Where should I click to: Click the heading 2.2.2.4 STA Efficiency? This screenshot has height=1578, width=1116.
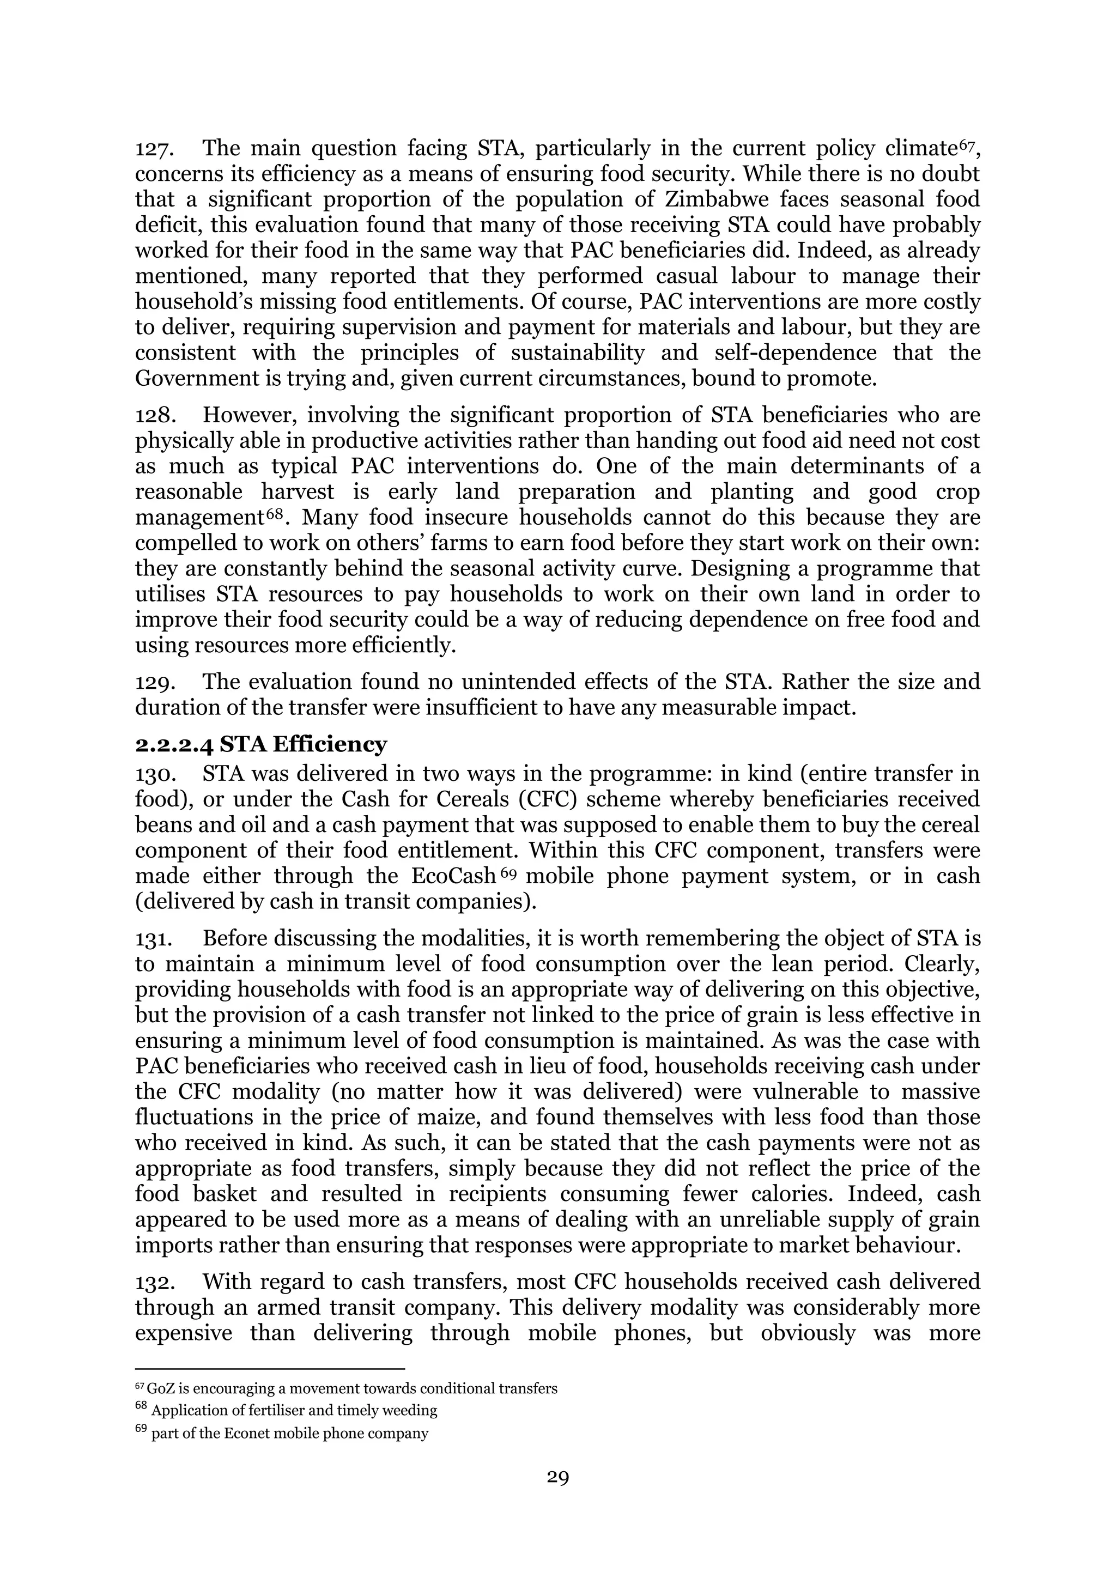click(261, 744)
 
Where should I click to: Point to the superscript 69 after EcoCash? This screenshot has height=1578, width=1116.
click(508, 873)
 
